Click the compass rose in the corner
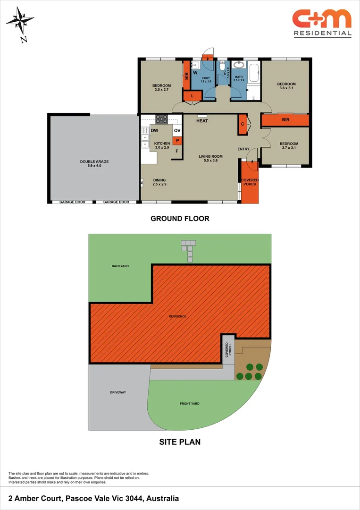(20, 21)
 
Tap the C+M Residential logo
(322, 23)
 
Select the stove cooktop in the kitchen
(161, 119)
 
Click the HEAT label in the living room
(202, 121)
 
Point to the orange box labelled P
(177, 140)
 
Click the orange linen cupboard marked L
(192, 96)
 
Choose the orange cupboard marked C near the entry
(242, 124)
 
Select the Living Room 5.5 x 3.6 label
(210, 159)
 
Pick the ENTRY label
(243, 149)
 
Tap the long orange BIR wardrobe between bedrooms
(285, 120)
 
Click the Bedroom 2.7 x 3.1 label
(289, 146)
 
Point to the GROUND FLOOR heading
(180, 219)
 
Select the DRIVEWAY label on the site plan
(118, 392)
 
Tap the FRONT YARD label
(190, 404)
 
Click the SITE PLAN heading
(180, 442)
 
